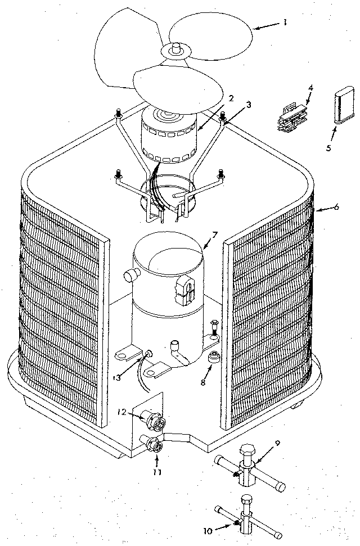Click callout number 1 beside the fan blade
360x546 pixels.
pos(285,23)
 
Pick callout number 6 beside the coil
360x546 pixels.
pos(336,206)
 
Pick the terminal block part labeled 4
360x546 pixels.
pos(292,117)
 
